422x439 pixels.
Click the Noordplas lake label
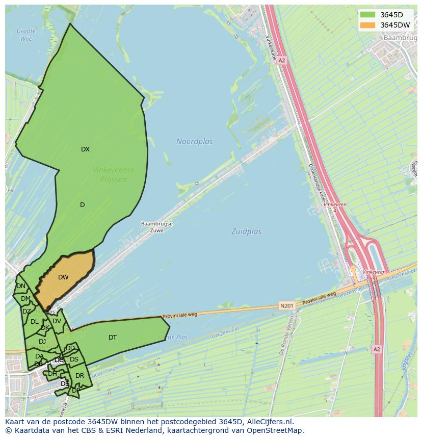click(x=195, y=141)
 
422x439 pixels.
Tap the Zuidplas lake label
click(x=246, y=231)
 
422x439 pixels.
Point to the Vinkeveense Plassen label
click(x=113, y=175)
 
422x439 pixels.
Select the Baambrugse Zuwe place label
click(x=156, y=227)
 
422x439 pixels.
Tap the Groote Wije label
click(x=26, y=35)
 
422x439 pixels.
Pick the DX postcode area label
click(x=85, y=149)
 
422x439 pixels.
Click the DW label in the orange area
click(x=63, y=277)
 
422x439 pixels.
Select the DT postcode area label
click(x=113, y=338)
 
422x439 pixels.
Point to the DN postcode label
click(x=21, y=286)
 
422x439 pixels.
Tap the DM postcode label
click(x=25, y=299)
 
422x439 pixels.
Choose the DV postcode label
click(x=57, y=321)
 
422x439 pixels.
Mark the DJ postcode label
click(x=42, y=342)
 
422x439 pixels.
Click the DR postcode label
click(x=80, y=376)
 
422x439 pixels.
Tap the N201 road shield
click(x=287, y=306)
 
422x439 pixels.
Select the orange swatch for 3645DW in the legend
click(x=367, y=25)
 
